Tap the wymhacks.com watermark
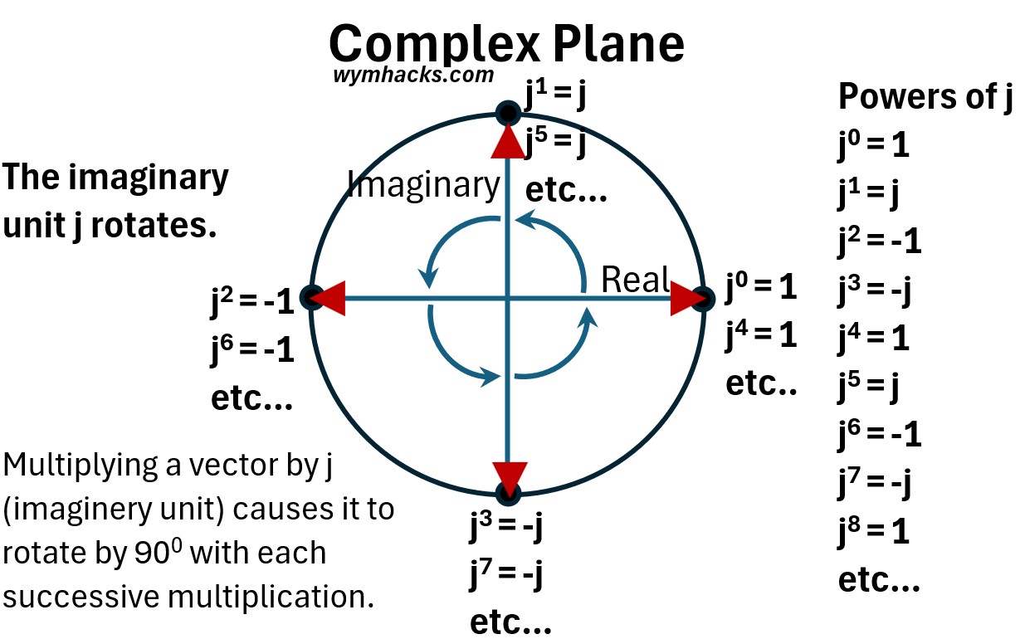click(x=412, y=75)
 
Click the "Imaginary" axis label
click(x=423, y=184)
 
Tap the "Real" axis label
click(x=635, y=280)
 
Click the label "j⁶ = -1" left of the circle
click(x=252, y=351)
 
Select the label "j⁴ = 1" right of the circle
click(x=761, y=336)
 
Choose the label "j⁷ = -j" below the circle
click(x=507, y=573)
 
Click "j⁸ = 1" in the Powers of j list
click(x=873, y=531)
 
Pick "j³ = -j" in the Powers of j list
click(x=873, y=290)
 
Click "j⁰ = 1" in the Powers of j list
click(x=873, y=146)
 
